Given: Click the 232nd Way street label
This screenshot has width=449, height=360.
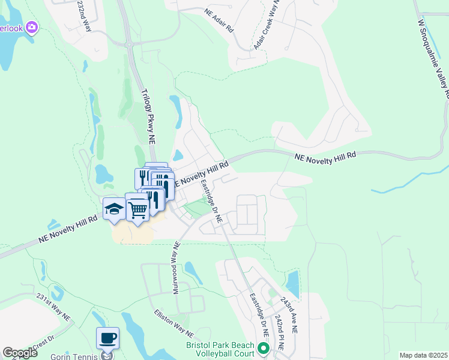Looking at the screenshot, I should (84, 16).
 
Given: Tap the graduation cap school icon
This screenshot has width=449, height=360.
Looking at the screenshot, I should (114, 209).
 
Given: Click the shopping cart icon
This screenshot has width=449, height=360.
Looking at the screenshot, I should (137, 209).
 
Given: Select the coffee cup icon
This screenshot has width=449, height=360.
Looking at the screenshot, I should (107, 338).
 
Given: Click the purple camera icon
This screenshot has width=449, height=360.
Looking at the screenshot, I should (32, 27).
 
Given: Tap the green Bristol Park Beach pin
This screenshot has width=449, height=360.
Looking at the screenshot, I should (262, 348).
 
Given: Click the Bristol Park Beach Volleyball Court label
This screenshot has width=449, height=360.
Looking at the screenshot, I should (221, 349).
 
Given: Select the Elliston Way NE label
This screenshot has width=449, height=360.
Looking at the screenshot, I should (173, 323).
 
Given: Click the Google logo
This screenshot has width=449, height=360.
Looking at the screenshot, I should (20, 353).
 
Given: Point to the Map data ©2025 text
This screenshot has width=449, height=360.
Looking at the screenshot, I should (423, 355).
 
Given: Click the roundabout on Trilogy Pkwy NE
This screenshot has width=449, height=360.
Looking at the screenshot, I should (129, 44).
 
